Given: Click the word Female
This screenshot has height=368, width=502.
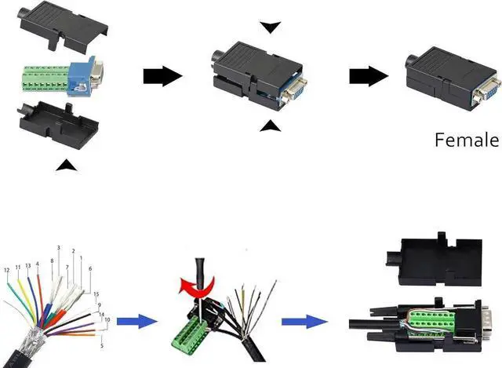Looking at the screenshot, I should pos(467,140).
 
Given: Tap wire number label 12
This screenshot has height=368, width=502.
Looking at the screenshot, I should pos(7,271).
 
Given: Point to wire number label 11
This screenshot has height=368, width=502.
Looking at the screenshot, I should pos(18,268).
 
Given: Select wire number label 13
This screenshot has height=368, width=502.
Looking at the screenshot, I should pos(27,266).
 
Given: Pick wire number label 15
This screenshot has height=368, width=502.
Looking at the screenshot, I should pos(96,294).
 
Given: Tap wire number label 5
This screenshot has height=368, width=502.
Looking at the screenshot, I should pos(103,344).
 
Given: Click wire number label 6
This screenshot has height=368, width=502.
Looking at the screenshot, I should pos(91,269).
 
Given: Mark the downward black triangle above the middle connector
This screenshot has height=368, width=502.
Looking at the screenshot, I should pos(271,27).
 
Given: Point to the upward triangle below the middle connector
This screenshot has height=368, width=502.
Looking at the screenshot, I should pos(270,126).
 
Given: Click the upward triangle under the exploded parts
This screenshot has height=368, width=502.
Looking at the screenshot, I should pos(68,165).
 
